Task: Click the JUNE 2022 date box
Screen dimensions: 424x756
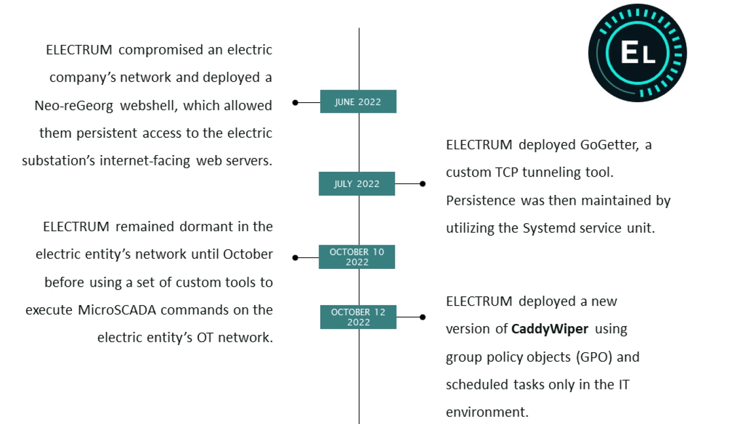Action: (x=358, y=102)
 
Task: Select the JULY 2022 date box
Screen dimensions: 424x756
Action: (x=356, y=184)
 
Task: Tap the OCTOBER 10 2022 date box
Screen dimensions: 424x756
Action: (x=356, y=257)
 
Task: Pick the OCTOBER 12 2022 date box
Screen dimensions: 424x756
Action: (x=358, y=317)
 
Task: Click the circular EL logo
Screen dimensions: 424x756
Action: (x=637, y=52)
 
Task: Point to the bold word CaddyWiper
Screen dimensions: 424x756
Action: (x=550, y=329)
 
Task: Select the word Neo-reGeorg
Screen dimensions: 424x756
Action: (x=74, y=105)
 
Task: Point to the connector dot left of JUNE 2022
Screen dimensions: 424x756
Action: (x=295, y=103)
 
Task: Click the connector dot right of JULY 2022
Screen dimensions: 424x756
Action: (x=423, y=184)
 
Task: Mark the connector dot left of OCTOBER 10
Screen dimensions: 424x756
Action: (x=295, y=257)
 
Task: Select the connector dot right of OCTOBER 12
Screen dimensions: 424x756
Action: (x=423, y=317)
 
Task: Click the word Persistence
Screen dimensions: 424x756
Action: (x=480, y=200)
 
